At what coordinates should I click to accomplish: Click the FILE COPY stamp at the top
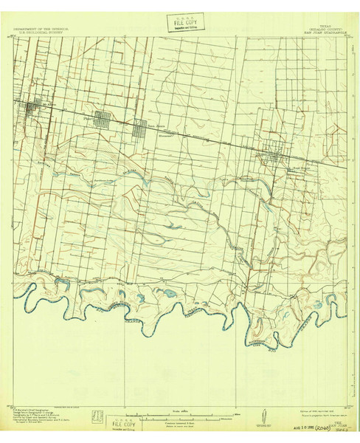(179, 23)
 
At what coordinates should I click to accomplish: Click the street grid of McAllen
(34, 110)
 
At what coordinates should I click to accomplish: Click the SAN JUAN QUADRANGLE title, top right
(324, 30)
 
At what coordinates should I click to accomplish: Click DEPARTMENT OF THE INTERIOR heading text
(41, 27)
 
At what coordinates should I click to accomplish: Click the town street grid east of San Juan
(276, 156)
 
